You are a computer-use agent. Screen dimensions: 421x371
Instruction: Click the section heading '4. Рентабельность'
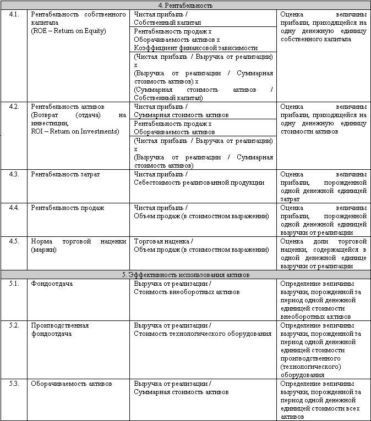click(x=185, y=5)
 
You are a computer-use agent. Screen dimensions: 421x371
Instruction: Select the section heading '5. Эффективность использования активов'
click(x=185, y=274)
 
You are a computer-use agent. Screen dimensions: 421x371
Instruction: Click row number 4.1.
click(x=14, y=14)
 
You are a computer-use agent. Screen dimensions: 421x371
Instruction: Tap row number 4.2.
click(x=14, y=106)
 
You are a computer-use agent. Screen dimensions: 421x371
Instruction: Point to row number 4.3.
click(x=14, y=174)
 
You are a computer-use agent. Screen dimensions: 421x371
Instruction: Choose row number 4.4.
click(x=14, y=208)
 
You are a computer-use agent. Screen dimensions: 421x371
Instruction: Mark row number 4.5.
click(x=14, y=241)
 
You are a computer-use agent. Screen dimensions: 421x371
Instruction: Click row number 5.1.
click(x=14, y=284)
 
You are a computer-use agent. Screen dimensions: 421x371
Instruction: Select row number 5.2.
click(x=14, y=325)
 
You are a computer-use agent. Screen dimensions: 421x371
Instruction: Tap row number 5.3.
click(x=14, y=384)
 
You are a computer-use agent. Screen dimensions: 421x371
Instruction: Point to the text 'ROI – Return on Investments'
click(x=75, y=131)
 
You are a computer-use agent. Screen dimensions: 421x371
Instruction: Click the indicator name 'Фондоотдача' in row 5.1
click(x=52, y=284)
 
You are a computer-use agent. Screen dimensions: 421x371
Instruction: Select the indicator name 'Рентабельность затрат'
click(x=66, y=174)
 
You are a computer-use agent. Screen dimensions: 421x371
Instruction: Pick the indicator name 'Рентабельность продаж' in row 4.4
click(x=67, y=208)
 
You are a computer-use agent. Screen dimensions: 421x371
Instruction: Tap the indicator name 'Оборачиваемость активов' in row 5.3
click(x=72, y=384)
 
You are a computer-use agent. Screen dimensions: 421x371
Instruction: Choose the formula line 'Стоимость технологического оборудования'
click(x=203, y=334)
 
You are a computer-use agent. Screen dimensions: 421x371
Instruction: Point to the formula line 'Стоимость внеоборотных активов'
click(x=187, y=292)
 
